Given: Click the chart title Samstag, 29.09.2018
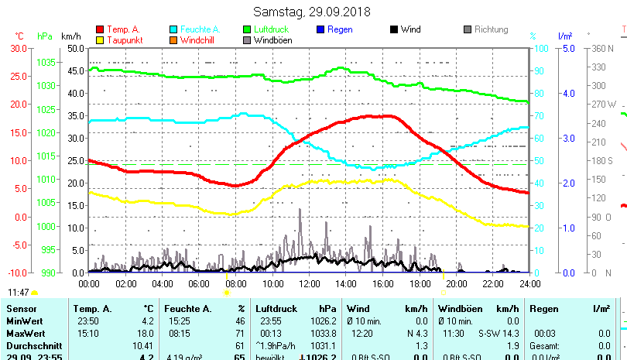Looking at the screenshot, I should coord(312,12).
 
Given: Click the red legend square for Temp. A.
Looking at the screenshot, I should coord(99,29).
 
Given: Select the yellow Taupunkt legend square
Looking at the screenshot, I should coord(99,40).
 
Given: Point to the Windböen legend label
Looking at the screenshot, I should coord(272,40).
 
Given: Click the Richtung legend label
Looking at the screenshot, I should coord(491,29).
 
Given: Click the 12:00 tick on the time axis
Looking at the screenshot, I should coord(309,284).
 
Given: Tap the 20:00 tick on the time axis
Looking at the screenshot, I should coord(456,284).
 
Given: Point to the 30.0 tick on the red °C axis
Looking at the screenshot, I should coord(19,48).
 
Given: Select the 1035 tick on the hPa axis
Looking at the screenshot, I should coord(46,62).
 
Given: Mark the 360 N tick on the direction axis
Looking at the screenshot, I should coord(602,48).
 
